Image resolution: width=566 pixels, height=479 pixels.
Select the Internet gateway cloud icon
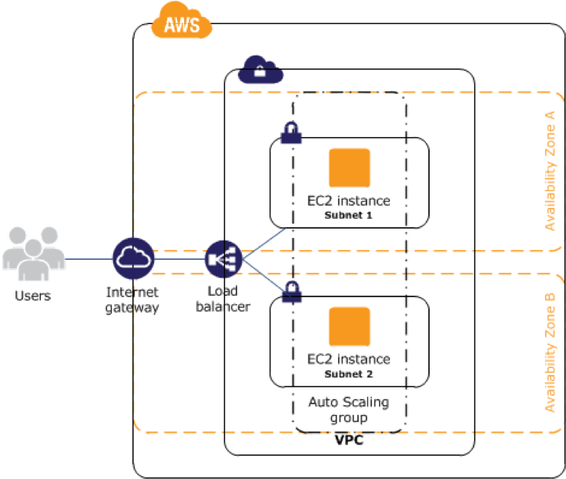pyautogui.click(x=133, y=259)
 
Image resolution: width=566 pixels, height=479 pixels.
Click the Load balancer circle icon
pyautogui.click(x=224, y=259)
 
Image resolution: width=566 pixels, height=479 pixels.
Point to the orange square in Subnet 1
pyautogui.click(x=349, y=169)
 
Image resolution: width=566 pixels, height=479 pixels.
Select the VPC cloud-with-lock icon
pyautogui.click(x=260, y=71)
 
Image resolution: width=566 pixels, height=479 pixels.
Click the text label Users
pyautogui.click(x=32, y=296)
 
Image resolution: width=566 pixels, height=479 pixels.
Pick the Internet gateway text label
pyautogui.click(x=133, y=300)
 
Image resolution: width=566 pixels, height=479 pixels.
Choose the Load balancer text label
pyautogui.click(x=228, y=300)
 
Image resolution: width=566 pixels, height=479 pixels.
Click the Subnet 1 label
pyautogui.click(x=349, y=216)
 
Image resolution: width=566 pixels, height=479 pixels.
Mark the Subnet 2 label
pyautogui.click(x=349, y=374)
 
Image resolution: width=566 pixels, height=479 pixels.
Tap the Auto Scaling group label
pyautogui.click(x=349, y=410)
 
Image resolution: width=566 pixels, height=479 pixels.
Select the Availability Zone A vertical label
pyautogui.click(x=550, y=170)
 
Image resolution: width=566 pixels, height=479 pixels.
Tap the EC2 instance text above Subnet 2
pyautogui.click(x=349, y=360)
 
